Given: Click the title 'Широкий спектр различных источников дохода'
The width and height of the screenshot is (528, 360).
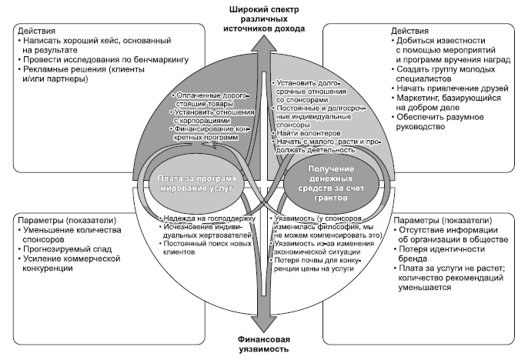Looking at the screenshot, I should click(263, 17).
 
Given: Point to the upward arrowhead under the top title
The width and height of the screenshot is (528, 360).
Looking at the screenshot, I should click(263, 41).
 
